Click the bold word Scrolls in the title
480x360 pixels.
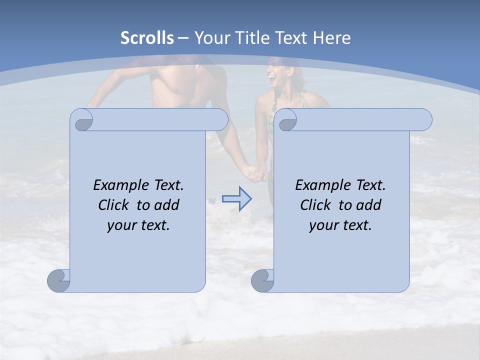click(x=147, y=38)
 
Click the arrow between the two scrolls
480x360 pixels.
click(x=236, y=199)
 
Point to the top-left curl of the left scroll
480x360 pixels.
click(x=83, y=120)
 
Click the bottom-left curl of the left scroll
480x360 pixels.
click(x=59, y=280)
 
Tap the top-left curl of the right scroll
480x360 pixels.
click(x=286, y=120)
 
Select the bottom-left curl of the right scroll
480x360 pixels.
click(x=262, y=280)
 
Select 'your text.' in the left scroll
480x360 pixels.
click(x=138, y=225)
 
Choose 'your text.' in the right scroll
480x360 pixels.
click(x=340, y=225)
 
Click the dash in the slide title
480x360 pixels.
click(x=183, y=38)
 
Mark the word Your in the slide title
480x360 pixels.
click(x=209, y=38)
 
